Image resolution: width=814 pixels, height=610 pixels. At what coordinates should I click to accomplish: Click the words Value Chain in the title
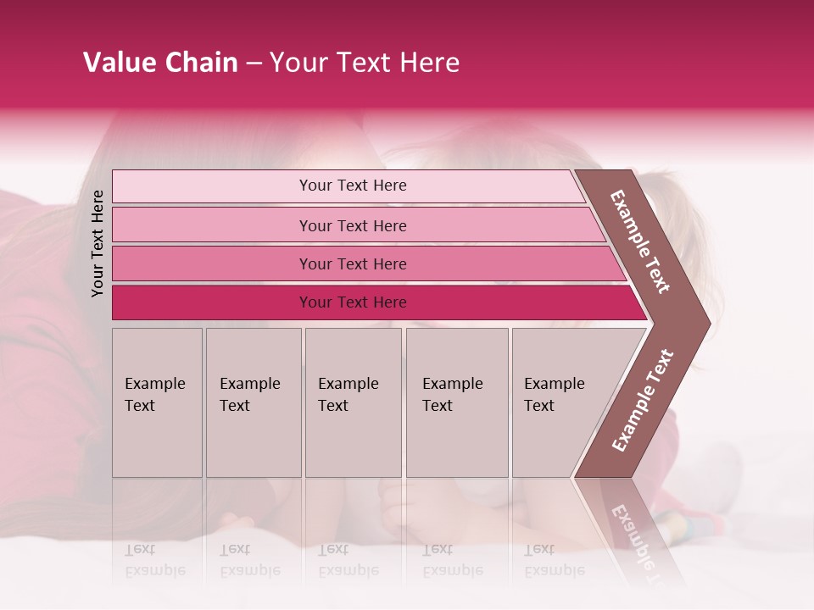click(x=160, y=63)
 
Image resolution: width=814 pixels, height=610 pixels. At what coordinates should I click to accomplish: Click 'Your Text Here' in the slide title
click(x=365, y=63)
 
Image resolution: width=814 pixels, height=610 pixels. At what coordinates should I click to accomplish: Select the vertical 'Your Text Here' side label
click(x=98, y=243)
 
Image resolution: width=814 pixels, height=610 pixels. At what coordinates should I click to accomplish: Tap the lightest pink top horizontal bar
click(x=352, y=186)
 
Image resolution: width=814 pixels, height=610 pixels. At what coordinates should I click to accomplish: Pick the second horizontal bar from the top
click(x=352, y=225)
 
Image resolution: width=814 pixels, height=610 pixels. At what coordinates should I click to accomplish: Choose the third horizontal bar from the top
click(x=352, y=263)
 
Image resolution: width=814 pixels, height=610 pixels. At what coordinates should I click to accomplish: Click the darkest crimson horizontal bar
click(x=352, y=302)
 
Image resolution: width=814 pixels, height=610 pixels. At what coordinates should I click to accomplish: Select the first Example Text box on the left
click(x=157, y=402)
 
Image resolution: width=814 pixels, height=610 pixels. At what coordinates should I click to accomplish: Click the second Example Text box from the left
click(x=253, y=402)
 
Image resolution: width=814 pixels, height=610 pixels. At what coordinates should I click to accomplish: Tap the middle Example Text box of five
click(x=353, y=402)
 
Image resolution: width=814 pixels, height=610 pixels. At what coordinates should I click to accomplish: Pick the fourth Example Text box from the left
click(x=456, y=402)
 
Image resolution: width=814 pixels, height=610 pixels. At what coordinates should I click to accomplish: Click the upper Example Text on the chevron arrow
click(x=640, y=241)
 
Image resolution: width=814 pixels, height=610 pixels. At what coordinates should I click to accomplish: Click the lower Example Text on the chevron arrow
click(x=643, y=400)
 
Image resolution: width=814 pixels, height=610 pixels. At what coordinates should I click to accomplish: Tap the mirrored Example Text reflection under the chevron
click(x=631, y=534)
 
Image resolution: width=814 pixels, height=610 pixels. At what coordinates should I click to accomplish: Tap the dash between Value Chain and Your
click(x=253, y=64)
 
